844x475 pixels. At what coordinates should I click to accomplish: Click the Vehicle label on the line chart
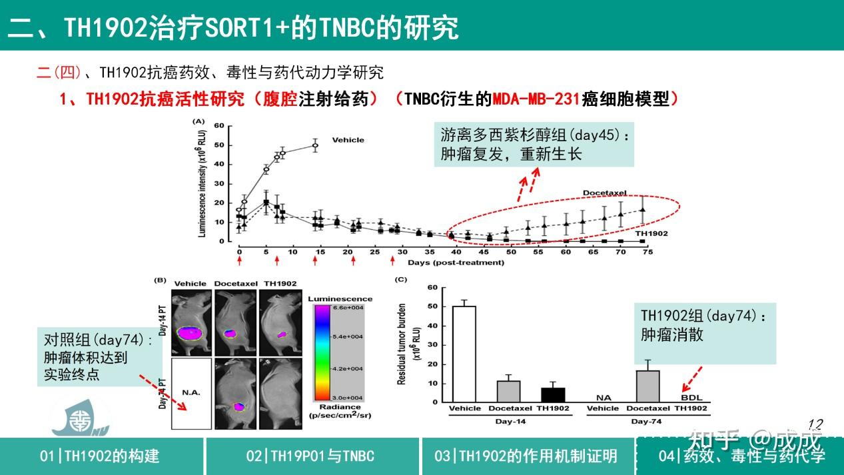point(348,140)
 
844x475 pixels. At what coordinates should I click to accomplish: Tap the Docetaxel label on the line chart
point(605,193)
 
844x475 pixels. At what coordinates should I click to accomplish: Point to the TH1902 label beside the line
point(651,234)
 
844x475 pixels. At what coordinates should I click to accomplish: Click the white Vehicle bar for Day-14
point(464,354)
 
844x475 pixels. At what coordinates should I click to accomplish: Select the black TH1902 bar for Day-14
point(552,394)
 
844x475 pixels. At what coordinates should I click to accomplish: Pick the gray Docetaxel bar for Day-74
point(647,386)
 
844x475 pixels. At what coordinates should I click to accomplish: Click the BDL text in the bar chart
point(691,398)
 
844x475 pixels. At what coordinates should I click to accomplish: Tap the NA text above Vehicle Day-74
point(604,398)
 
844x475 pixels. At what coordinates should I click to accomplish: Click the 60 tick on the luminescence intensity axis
point(218,125)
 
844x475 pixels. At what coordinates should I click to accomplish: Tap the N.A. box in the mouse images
point(191,393)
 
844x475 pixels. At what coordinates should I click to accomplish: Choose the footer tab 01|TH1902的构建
point(100,456)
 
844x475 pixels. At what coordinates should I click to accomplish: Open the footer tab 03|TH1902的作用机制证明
point(526,456)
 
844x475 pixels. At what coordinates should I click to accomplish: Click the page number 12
point(815,424)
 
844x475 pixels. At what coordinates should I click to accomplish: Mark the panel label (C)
point(401,280)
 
